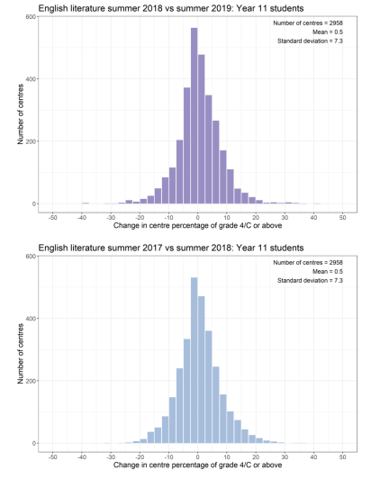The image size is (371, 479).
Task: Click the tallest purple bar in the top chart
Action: [x=195, y=116]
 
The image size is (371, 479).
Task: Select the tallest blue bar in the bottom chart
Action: [x=195, y=360]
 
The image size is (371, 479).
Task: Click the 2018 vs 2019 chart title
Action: [x=171, y=8]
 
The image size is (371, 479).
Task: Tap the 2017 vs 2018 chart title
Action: [x=171, y=248]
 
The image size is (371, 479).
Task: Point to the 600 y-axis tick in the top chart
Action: [x=32, y=17]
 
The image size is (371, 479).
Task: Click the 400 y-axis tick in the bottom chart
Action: [x=32, y=319]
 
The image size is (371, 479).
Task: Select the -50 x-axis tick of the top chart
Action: [x=52, y=218]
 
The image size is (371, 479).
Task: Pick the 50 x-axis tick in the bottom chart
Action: [x=342, y=457]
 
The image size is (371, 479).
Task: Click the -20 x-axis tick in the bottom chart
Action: [x=140, y=457]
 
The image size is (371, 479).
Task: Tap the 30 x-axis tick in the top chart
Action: [x=285, y=218]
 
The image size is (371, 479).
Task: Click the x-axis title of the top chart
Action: [x=198, y=226]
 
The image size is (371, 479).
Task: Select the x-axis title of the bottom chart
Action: [x=198, y=465]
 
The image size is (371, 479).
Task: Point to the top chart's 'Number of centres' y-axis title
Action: [x=21, y=114]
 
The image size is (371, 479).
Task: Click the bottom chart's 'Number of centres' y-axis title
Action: [x=21, y=354]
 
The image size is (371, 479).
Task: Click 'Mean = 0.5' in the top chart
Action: [x=327, y=32]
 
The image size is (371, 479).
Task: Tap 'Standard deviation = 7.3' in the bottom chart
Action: [x=310, y=280]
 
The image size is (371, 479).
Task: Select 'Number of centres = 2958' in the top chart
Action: [x=308, y=23]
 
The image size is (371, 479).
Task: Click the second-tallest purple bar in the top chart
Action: [x=201, y=130]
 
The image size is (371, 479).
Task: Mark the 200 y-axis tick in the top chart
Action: [x=32, y=141]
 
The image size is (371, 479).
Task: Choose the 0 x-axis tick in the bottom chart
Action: [x=198, y=457]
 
